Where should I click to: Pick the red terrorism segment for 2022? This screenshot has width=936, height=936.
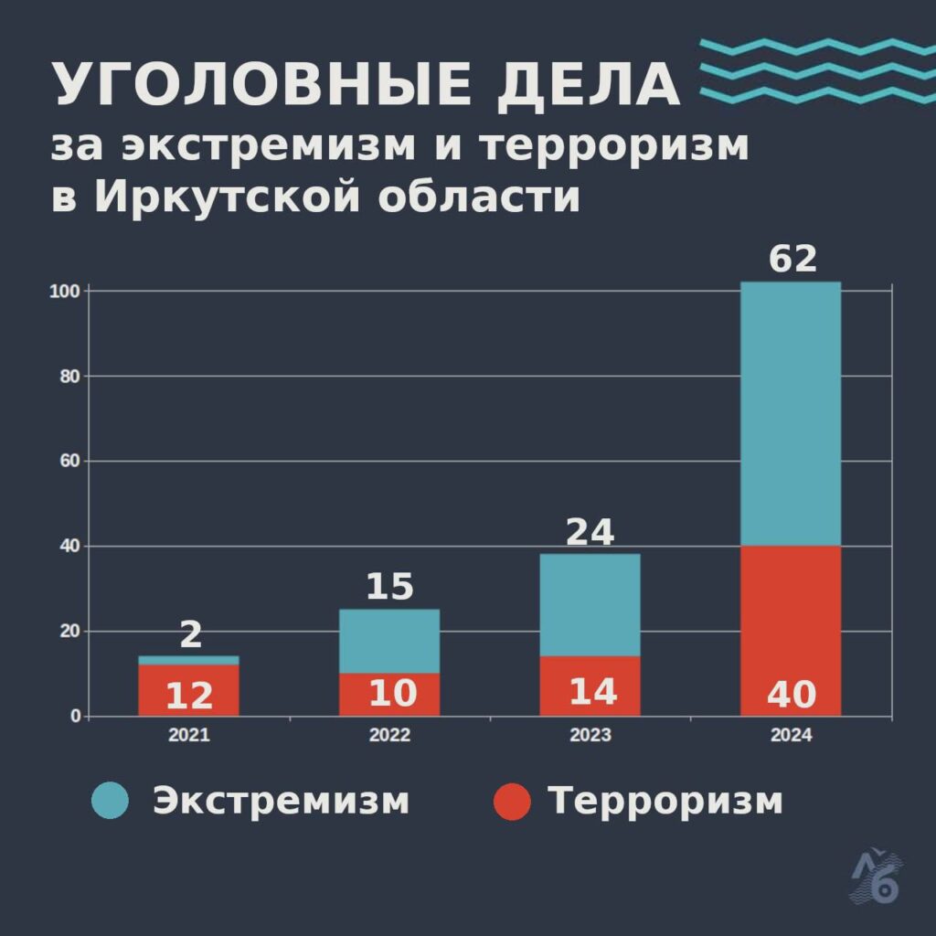point(389,694)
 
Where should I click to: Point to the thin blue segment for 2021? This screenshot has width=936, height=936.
point(188,660)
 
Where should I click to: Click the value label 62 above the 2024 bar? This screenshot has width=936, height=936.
point(792,260)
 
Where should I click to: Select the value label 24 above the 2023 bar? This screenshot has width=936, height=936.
point(590,532)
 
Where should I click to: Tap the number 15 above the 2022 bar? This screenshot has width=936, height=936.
point(389,587)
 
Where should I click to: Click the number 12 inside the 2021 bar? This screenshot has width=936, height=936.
point(189,697)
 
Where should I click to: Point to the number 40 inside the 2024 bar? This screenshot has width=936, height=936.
point(791,696)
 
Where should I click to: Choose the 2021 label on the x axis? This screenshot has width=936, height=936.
point(188,736)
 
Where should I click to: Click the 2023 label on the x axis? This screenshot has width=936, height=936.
point(590,736)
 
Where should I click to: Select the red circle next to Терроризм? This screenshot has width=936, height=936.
point(511,801)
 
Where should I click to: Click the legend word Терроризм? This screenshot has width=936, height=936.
point(665,801)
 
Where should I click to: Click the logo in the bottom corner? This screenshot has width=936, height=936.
point(875,877)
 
